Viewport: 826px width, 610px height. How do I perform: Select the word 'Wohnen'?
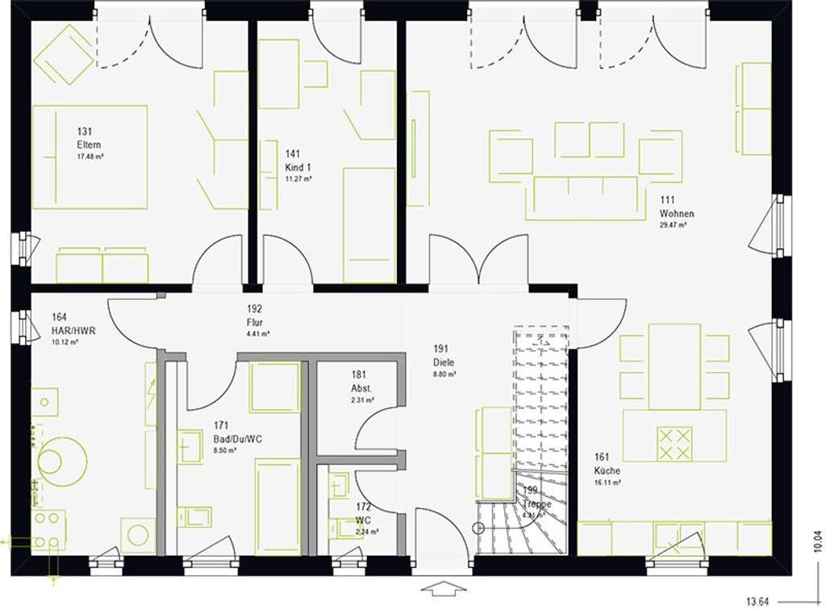click(676, 214)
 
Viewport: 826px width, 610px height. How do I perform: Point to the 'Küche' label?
click(607, 470)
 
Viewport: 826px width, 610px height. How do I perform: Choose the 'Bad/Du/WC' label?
click(237, 438)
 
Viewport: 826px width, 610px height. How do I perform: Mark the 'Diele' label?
click(444, 362)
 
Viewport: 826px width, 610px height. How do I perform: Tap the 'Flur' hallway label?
click(256, 322)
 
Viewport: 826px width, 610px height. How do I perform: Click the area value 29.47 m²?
click(673, 226)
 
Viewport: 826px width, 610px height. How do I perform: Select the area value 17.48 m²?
click(90, 157)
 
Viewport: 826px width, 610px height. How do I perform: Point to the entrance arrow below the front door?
click(443, 587)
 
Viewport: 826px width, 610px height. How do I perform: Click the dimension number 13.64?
click(757, 600)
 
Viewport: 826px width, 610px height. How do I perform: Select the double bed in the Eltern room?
click(90, 157)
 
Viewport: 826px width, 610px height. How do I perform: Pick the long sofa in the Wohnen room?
click(585, 198)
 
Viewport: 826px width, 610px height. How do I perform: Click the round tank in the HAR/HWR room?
click(61, 461)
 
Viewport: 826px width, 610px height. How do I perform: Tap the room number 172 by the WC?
click(364, 508)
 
